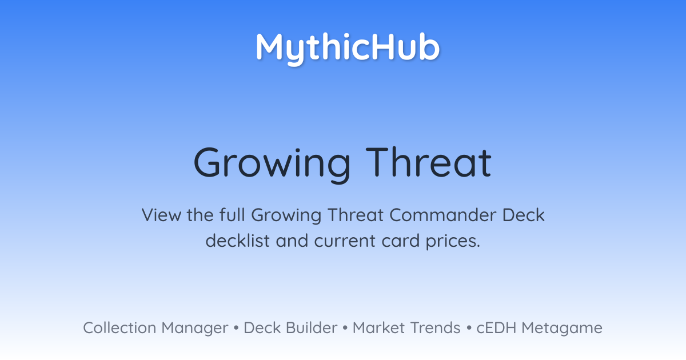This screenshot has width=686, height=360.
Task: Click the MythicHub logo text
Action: pos(348,49)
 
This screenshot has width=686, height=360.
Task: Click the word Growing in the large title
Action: pos(272,165)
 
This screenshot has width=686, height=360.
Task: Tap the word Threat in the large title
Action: pos(429,162)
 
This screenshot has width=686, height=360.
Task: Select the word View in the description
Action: pos(162,215)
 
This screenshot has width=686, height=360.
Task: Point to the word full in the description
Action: pos(232,215)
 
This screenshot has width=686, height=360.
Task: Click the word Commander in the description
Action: pos(443,215)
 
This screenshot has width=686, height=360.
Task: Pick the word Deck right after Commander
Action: pos(524,215)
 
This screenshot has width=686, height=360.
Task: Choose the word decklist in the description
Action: pos(238,241)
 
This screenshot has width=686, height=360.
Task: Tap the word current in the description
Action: pos(345,241)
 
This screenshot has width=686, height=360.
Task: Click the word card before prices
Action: pos(401,241)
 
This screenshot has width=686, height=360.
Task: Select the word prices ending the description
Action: pos(453,242)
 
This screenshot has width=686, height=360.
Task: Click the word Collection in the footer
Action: pos(119,327)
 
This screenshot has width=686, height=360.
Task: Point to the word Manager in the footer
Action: pos(195,329)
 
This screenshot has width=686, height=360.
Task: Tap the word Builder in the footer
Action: pos(312,327)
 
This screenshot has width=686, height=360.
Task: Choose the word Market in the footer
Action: pos(379,327)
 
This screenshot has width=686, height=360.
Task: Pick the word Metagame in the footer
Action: pos(562,329)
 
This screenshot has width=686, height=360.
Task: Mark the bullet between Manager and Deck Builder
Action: pos(236,328)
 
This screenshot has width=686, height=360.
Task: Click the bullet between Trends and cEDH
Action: pos(469,328)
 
